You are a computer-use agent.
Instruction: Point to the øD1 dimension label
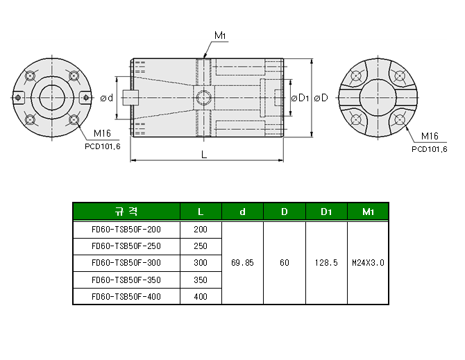pyautogui.click(x=299, y=98)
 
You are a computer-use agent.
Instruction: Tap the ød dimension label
pyautogui.click(x=107, y=98)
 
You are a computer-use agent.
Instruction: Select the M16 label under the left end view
pyautogui.click(x=101, y=134)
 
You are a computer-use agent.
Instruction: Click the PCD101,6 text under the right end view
pyautogui.click(x=429, y=148)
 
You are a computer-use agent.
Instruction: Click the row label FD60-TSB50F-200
pyautogui.click(x=126, y=229)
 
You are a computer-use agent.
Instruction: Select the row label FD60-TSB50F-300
pyautogui.click(x=126, y=263)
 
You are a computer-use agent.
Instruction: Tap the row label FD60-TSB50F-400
pyautogui.click(x=126, y=296)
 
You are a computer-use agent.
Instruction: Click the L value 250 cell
pyautogui.click(x=201, y=246)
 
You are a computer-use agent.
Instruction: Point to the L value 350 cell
pyautogui.click(x=201, y=280)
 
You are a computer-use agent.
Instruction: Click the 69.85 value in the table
pyautogui.click(x=242, y=263)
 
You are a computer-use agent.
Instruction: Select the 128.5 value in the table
pyautogui.click(x=325, y=263)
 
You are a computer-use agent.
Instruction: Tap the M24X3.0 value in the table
pyautogui.click(x=368, y=263)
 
